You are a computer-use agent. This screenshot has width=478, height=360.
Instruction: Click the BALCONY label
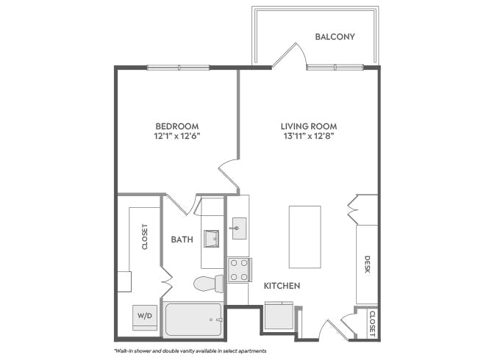335,36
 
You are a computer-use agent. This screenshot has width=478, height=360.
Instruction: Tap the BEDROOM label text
176,126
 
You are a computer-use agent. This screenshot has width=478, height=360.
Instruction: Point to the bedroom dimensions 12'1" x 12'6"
176,136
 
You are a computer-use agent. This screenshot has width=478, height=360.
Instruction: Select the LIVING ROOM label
308,126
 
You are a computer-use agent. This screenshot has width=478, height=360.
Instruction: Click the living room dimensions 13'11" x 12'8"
308,136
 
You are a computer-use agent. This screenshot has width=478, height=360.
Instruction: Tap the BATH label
182,240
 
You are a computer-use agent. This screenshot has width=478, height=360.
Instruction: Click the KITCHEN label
282,285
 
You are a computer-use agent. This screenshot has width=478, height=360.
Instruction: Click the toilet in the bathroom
208,283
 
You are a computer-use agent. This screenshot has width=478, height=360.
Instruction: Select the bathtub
193,319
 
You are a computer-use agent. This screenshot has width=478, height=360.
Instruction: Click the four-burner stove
239,270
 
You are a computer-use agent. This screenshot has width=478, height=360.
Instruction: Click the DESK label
367,264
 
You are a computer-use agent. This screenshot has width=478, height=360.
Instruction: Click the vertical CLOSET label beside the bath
145,237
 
